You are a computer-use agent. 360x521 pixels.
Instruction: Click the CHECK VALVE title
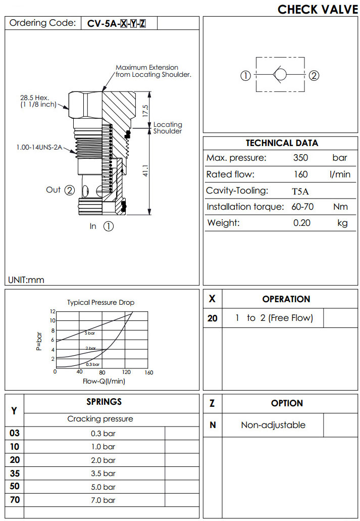click(x=318, y=9)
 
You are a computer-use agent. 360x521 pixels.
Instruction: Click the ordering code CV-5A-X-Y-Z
click(x=117, y=23)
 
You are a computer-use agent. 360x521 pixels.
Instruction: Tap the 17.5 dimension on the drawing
click(x=145, y=111)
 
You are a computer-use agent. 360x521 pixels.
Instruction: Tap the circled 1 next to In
click(x=109, y=226)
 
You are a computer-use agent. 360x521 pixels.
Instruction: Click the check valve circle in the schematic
click(x=281, y=75)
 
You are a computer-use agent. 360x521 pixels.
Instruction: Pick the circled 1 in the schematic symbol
click(x=245, y=76)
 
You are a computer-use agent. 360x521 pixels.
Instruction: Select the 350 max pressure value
click(x=300, y=158)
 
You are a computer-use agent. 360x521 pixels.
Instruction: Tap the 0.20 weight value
click(x=301, y=223)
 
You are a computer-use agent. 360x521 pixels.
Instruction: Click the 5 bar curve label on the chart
click(x=89, y=334)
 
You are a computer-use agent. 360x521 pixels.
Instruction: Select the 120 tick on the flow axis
click(x=127, y=372)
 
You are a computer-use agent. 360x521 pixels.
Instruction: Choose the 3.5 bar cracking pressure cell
click(x=103, y=473)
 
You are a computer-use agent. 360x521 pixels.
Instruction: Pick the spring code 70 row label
click(x=14, y=500)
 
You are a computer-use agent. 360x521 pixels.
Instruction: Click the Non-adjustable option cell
click(x=273, y=425)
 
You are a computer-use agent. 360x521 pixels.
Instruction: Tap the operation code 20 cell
click(x=213, y=318)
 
